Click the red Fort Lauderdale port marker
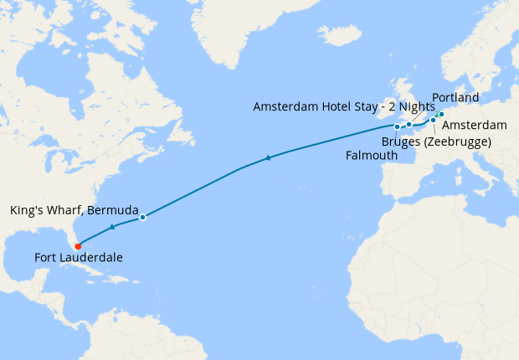77,246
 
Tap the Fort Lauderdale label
78,258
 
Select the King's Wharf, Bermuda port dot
142,217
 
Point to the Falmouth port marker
397,126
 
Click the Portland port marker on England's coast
409,124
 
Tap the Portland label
455,97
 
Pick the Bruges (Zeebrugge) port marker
433,121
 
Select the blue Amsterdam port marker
440,115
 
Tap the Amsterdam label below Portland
474,125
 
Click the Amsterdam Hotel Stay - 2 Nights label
343,106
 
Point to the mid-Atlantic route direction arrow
267,157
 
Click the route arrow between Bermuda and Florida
112,227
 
